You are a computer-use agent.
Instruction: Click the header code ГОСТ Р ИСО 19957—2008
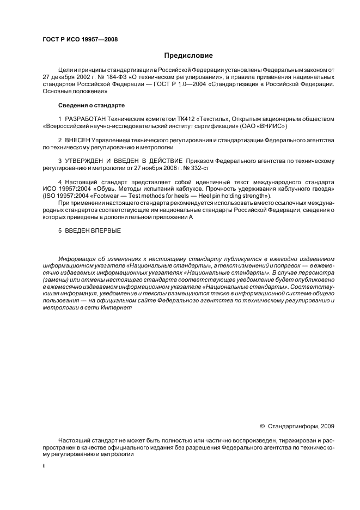80,39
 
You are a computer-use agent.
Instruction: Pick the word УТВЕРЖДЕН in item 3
89,161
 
